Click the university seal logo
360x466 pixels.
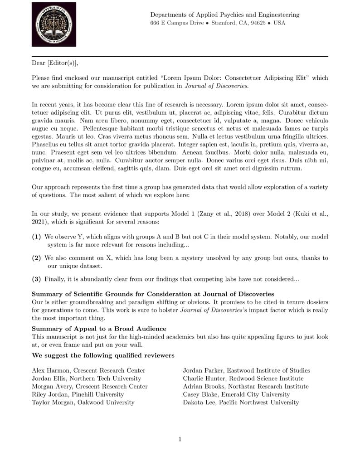coord(54,24)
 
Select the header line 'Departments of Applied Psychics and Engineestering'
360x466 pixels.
coord(224,15)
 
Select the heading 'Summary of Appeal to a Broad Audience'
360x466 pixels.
coord(99,328)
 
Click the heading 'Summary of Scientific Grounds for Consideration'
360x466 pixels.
coord(153,295)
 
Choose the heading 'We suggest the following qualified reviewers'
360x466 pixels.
coord(103,355)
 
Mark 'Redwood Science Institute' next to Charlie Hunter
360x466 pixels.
coord(264,379)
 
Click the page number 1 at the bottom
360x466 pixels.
coord(180,439)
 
